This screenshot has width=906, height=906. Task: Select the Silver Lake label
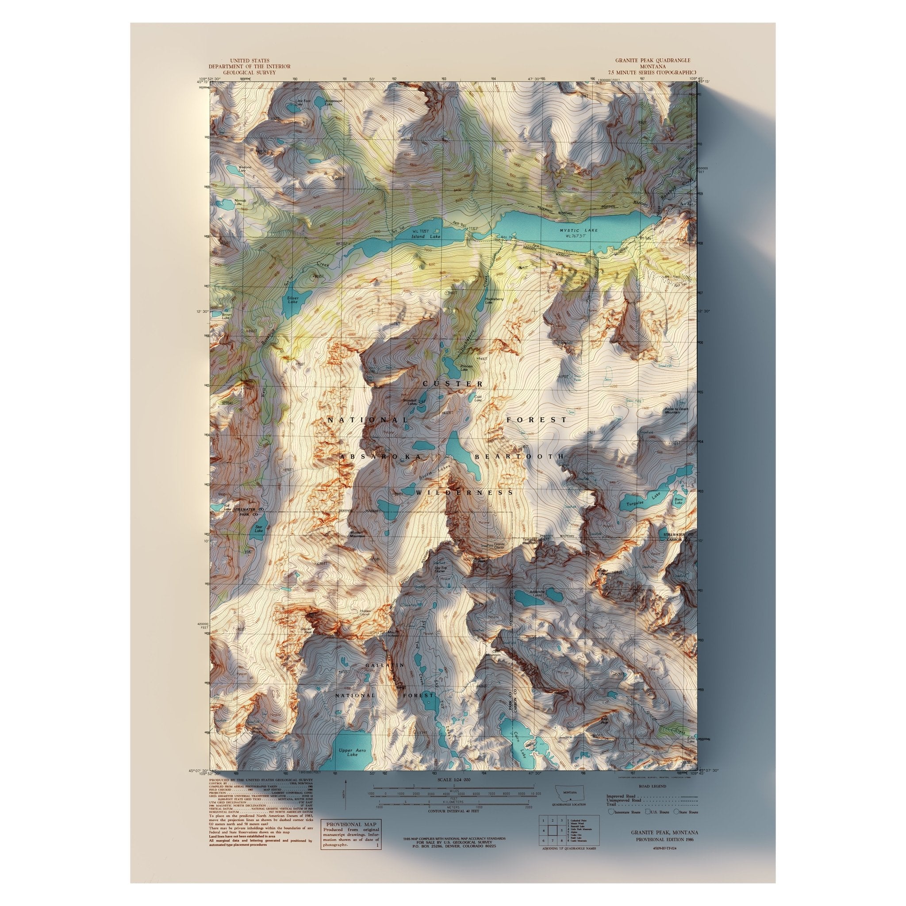tap(292, 299)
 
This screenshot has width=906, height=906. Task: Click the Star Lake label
tap(259, 529)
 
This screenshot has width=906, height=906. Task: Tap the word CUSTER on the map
tap(453, 384)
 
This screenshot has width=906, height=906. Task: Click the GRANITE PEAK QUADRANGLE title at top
tap(653, 61)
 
